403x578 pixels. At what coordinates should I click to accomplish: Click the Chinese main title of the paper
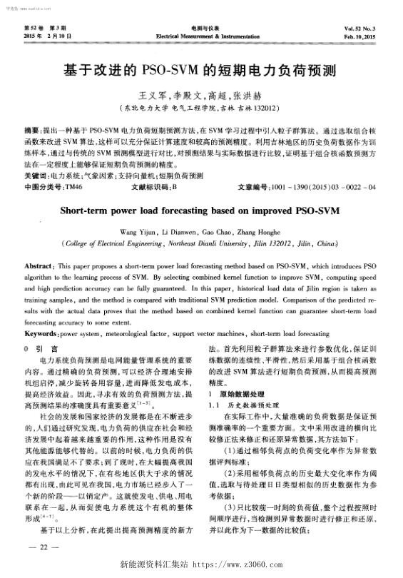(201, 72)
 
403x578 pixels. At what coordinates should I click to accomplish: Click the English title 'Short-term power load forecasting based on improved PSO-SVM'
(201, 211)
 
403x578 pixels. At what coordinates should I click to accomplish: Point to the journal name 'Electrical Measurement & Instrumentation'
(200, 34)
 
